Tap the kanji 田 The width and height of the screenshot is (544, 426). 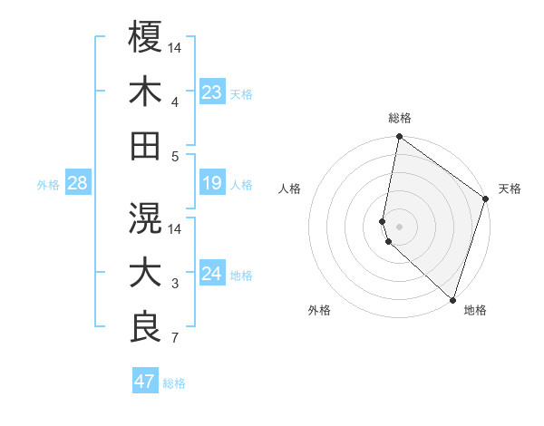point(145,145)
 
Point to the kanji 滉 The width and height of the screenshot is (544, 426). point(145,218)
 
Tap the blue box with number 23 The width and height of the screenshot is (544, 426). point(212,92)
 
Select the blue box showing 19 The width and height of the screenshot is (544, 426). point(212,184)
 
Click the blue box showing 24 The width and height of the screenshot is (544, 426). point(212,275)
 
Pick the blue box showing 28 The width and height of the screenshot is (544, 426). point(77,184)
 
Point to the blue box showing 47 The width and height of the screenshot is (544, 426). point(145,382)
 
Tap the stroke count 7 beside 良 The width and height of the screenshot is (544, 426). point(175,339)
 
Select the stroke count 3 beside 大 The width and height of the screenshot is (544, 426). point(175,285)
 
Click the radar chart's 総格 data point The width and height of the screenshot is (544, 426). point(399,138)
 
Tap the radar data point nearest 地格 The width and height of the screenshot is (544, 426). point(452,300)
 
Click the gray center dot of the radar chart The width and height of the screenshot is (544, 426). point(399,225)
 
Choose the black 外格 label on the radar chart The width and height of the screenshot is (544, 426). point(319,311)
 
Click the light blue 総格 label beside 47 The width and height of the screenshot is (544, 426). point(174,383)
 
